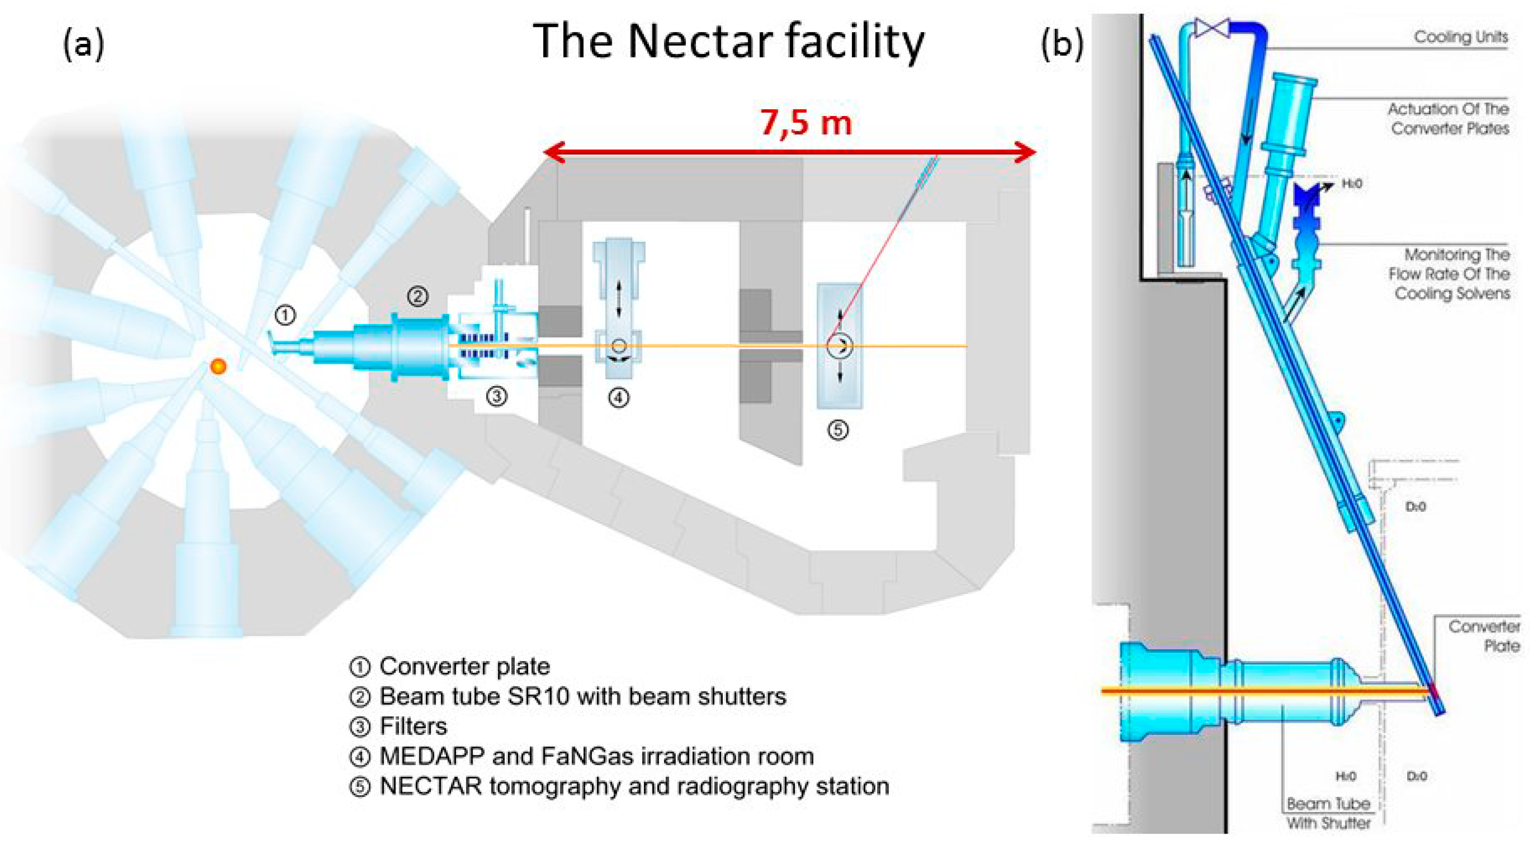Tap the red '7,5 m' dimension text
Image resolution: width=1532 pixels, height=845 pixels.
coord(806,123)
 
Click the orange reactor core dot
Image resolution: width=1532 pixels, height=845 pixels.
coord(218,366)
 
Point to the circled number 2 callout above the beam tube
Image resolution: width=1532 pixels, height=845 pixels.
coord(418,296)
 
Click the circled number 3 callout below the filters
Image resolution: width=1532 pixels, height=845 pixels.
coord(497,395)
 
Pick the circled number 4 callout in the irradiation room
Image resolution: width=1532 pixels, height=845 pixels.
coord(619,397)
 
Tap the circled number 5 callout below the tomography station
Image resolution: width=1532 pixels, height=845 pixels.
coord(838,429)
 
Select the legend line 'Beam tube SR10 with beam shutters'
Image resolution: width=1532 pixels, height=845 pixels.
coord(583,697)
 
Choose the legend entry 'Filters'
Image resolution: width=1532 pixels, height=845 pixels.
coord(413,726)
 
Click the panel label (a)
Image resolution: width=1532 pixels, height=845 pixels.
coord(83,45)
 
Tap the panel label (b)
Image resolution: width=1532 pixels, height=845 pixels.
coord(1062,45)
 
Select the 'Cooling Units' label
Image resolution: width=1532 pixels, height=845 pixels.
coord(1461,37)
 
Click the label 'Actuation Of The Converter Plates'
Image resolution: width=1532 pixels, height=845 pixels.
coord(1449,119)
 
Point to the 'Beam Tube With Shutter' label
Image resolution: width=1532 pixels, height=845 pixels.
coord(1329,813)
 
